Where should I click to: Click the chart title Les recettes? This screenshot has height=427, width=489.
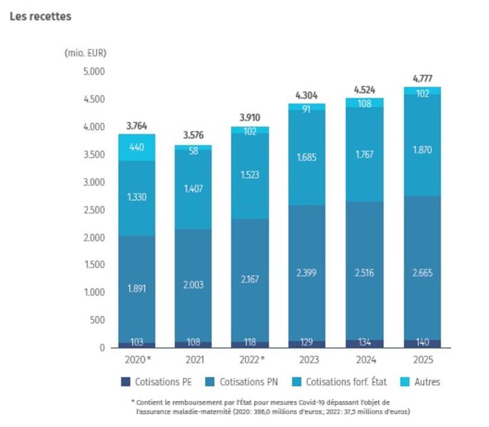[x=41, y=16]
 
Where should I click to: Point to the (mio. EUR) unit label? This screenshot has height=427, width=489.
[x=85, y=52]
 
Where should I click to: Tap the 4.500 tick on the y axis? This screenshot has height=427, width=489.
[x=94, y=99]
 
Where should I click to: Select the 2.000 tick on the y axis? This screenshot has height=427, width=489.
[x=94, y=238]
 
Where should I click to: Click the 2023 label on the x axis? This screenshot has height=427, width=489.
[x=309, y=360]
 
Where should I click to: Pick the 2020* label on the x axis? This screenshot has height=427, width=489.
[x=138, y=360]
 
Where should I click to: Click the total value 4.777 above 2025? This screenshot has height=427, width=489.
[x=423, y=79]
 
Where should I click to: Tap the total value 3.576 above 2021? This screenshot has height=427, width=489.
[x=193, y=135]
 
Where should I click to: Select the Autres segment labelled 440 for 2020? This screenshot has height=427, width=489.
[x=137, y=147]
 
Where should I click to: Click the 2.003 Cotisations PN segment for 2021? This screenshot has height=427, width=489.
[x=193, y=286]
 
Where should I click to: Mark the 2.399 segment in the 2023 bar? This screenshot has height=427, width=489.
[x=307, y=273]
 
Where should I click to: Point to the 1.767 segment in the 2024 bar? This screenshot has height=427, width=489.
[x=364, y=154]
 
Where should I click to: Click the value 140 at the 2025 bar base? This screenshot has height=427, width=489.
[x=423, y=342]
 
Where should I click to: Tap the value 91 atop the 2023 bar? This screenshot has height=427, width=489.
[x=307, y=109]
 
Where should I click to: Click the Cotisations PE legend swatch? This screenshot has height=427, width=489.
[x=126, y=382]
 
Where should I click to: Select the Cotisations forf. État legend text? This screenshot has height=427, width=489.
[x=346, y=382]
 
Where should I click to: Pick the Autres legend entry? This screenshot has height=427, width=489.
[x=420, y=382]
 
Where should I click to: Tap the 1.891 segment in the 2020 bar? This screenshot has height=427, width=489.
[x=137, y=289]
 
